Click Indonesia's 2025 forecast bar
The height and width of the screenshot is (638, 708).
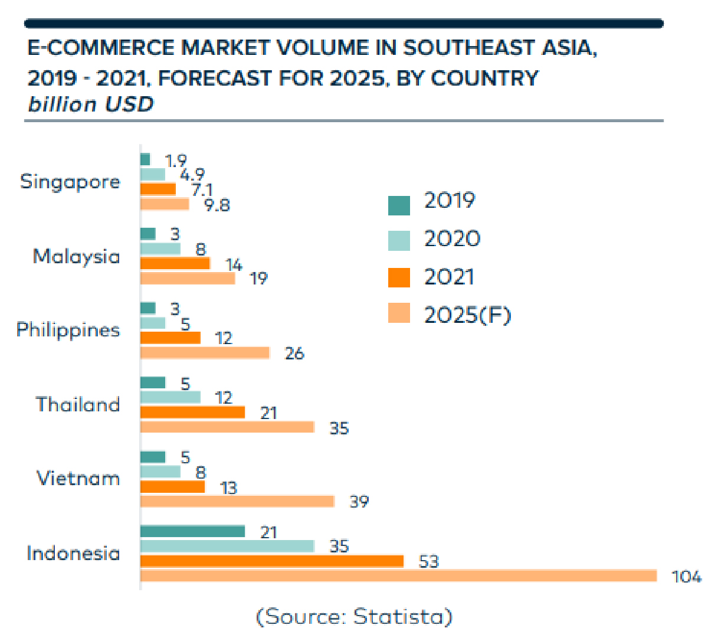pos(398,575)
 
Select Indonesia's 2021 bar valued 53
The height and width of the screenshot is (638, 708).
pos(271,561)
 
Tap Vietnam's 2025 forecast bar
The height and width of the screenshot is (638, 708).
pos(237,501)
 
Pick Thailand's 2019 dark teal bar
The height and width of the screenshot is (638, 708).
pos(153,382)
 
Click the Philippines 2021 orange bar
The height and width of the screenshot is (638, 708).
pos(170,338)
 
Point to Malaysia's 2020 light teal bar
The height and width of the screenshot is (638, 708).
pos(160,248)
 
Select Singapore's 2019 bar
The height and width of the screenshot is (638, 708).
pos(145,159)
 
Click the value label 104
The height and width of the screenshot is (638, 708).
pos(687,576)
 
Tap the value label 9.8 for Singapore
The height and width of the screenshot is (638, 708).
pos(217,205)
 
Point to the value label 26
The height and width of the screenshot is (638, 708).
pos(294,353)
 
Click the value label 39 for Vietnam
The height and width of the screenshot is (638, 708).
pos(359,502)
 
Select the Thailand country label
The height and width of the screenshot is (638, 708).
pos(78,404)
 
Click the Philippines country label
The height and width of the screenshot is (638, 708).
pos(68,329)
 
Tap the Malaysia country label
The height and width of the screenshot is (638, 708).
pos(76,256)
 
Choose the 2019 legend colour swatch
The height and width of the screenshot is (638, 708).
pos(399,205)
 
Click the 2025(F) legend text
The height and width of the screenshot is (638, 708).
pos(467,315)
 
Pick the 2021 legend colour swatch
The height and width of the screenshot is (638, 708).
pos(399,277)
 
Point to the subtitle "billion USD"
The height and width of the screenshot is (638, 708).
pos(91,104)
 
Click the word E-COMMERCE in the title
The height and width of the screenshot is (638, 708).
pos(93,48)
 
